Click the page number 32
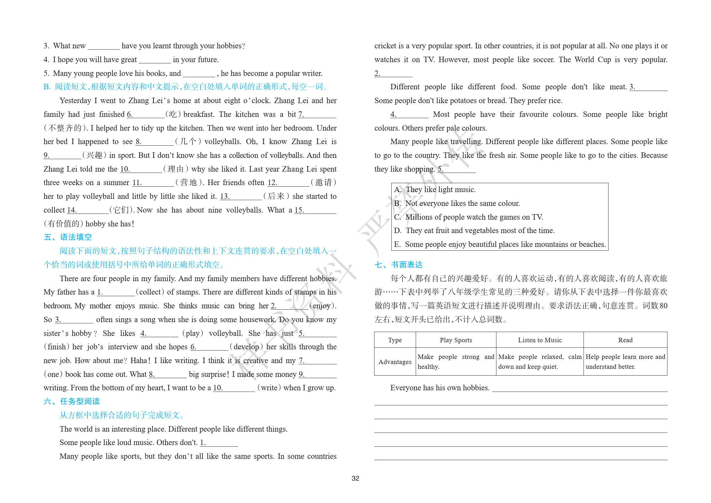pos(355,478)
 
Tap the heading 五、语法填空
pos(68,237)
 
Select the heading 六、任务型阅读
pos(72,402)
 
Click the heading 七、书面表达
pos(398,265)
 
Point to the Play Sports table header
pos(456,340)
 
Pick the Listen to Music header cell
pos(540,340)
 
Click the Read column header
pos(625,340)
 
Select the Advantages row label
pos(395,362)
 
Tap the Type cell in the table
pos(395,340)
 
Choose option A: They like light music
pos(435,190)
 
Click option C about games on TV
pos(469,217)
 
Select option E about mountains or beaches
pos(500,244)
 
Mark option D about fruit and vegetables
pos(474,231)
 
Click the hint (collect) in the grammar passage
pos(150,292)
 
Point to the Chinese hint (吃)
pos(173,114)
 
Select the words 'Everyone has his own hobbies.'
pos(440,388)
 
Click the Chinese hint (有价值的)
pos(63,224)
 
